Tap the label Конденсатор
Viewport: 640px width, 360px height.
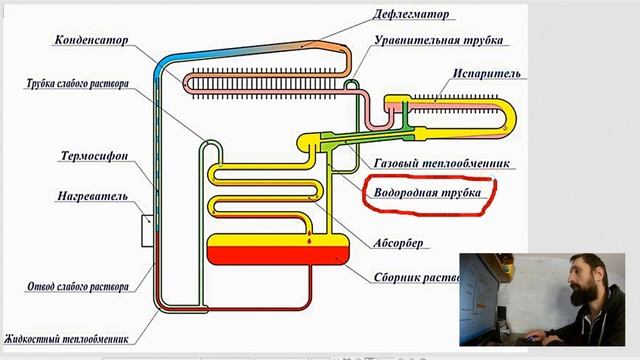(93, 41)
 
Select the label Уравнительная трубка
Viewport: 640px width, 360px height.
(439, 41)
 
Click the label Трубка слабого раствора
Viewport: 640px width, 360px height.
(77, 84)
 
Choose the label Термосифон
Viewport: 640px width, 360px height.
(93, 155)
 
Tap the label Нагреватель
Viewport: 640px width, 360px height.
(92, 197)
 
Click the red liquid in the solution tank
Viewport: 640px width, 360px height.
(271, 255)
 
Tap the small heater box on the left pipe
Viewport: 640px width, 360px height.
(147, 231)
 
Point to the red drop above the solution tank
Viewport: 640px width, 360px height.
(309, 241)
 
